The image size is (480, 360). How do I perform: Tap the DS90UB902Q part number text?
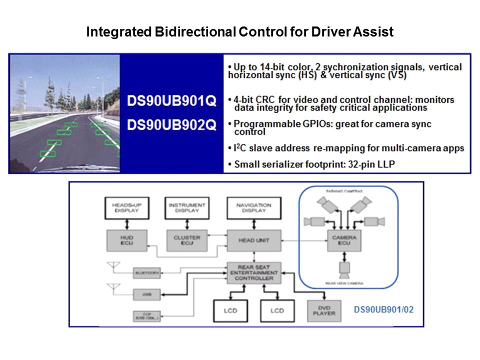tap(171, 125)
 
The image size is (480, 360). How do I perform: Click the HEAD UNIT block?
tap(254, 240)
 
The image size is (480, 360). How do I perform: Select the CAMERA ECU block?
tap(344, 240)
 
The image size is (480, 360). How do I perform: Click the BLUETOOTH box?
tap(147, 273)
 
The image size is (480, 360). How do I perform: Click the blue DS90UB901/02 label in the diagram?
tap(383, 309)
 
